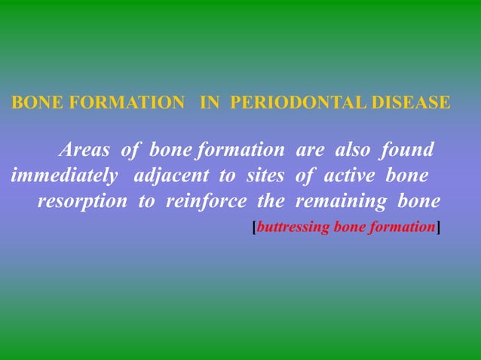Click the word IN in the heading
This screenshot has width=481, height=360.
(x=210, y=102)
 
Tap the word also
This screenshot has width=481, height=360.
(x=351, y=150)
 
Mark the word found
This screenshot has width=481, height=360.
(x=407, y=150)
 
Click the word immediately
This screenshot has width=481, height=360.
(x=65, y=176)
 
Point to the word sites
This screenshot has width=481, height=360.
(x=265, y=176)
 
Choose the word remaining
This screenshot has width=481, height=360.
(x=339, y=202)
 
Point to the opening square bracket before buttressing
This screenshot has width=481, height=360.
(x=254, y=227)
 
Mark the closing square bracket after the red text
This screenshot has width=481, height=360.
(x=439, y=227)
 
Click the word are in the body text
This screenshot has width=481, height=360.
(x=310, y=150)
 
